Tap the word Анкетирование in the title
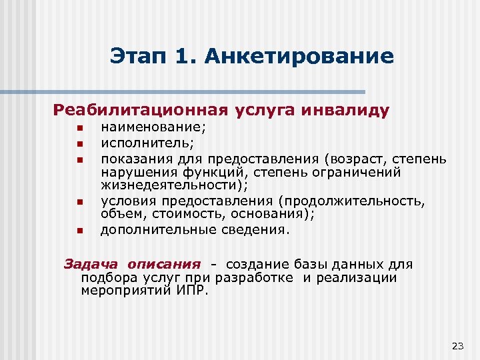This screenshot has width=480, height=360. coord(299,56)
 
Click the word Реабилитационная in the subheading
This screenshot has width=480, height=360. coord(141,109)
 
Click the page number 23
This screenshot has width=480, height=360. coord(457,345)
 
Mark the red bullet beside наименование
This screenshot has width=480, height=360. coord(78,127)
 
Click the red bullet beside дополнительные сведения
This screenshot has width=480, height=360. coord(78,231)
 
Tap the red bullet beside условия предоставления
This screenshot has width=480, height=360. coord(78,202)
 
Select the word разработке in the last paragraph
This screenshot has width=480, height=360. coord(261,277)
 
